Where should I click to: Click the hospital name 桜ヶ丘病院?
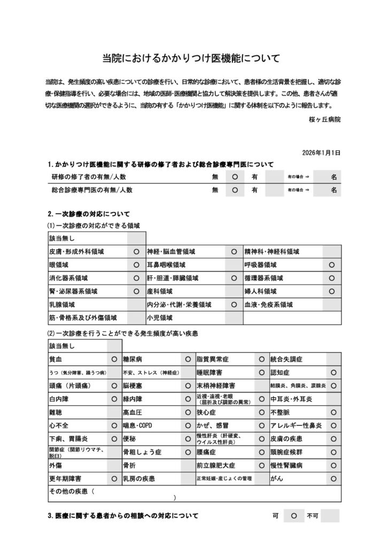[x=324, y=119]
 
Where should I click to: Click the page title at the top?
[x=191, y=58]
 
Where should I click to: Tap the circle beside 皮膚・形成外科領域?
[x=136, y=251]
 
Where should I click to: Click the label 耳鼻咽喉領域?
[x=166, y=265]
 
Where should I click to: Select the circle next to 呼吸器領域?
[x=332, y=265]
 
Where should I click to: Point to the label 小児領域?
[x=159, y=317]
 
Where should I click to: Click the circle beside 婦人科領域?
[x=332, y=292]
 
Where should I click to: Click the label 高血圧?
[x=132, y=413]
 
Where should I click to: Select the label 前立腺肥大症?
[x=215, y=465]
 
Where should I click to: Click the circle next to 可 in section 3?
[x=294, y=516]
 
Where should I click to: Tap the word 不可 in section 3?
[x=313, y=516]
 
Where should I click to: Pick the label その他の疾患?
[x=69, y=491]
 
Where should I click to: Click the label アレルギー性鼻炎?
[x=296, y=425]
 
